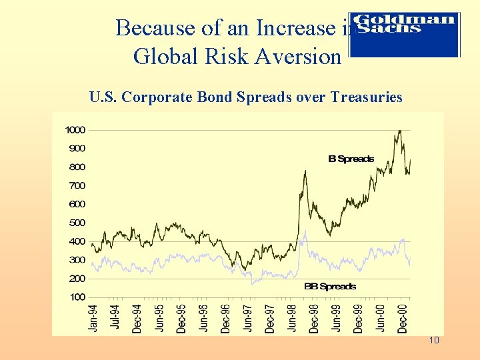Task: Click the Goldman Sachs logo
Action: tap(405, 33)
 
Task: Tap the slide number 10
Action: tap(434, 341)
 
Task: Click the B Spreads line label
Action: tap(351, 159)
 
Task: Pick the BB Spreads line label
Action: tap(330, 286)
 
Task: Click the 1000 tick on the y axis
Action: tap(75, 130)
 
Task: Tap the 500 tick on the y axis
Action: tap(77, 223)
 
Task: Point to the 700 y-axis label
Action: tap(77, 185)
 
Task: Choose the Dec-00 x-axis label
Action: tap(402, 317)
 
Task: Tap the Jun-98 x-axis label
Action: tap(292, 317)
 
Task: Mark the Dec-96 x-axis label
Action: tap(226, 317)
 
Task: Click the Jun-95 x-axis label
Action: tap(159, 317)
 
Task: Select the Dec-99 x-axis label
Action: tap(358, 317)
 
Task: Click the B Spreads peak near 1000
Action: tap(399, 131)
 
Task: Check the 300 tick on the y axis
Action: tap(77, 260)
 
